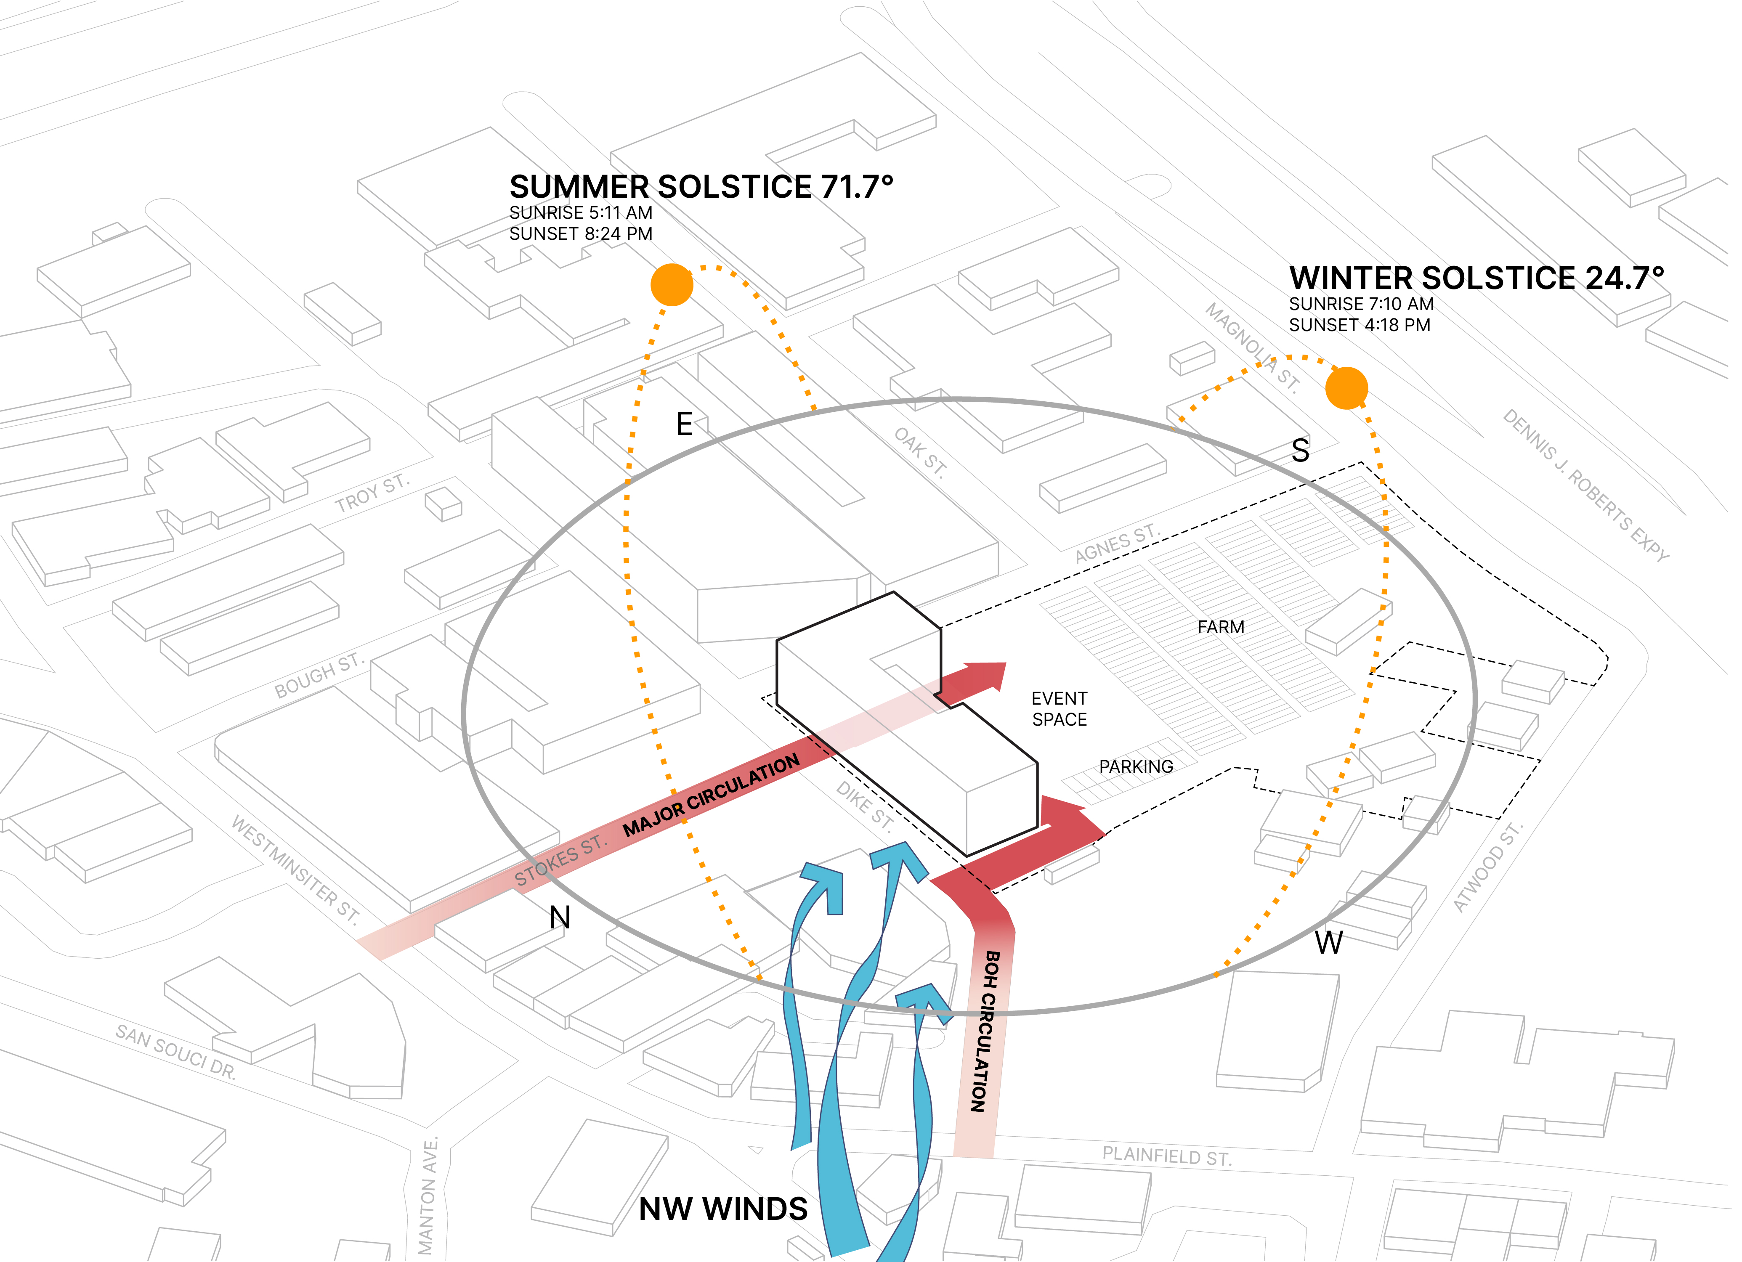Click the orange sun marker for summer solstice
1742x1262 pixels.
[672, 285]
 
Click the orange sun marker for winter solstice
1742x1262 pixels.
[1346, 388]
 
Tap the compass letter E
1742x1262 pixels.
[684, 424]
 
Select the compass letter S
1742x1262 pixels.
[1300, 451]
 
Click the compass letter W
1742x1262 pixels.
[1329, 942]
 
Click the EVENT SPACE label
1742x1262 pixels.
[1059, 709]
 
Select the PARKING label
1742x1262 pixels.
[1136, 766]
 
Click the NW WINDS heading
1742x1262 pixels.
[723, 1209]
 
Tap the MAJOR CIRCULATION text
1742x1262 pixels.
[711, 796]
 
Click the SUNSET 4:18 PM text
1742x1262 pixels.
[1360, 325]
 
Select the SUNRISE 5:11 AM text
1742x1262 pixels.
[581, 213]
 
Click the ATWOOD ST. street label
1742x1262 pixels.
[1488, 867]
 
